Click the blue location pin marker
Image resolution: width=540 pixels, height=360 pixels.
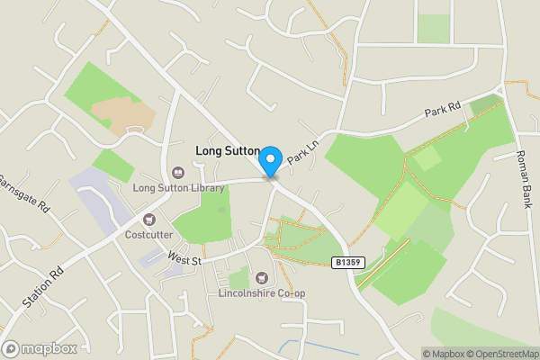(269, 161)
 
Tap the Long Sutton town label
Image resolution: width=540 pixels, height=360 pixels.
(228, 151)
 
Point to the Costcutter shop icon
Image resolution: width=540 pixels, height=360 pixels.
(149, 219)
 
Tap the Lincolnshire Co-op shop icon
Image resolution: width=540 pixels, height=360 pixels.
(262, 278)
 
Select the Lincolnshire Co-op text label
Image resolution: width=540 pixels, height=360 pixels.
(262, 293)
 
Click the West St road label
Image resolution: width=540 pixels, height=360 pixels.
(184, 257)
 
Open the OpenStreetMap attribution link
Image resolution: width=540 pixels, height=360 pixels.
(502, 354)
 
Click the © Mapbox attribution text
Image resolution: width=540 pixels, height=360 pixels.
(444, 354)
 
